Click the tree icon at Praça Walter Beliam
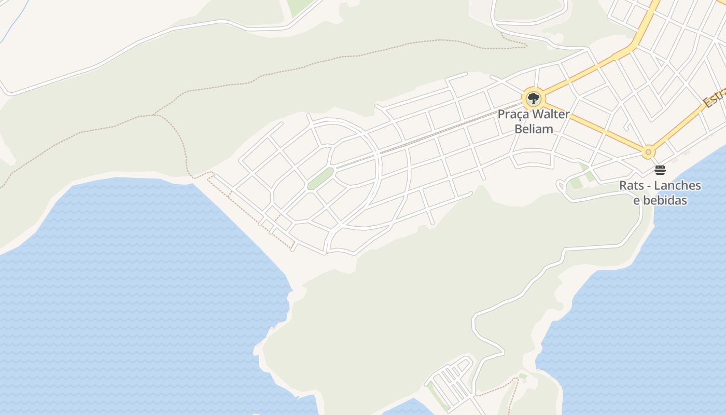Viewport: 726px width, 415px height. click(x=533, y=98)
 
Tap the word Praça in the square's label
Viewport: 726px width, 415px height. click(x=513, y=114)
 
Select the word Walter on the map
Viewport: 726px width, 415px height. click(x=550, y=114)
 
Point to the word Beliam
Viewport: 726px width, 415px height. click(x=534, y=129)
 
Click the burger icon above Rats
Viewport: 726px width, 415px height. click(x=660, y=170)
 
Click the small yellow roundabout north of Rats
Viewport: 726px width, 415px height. click(x=648, y=153)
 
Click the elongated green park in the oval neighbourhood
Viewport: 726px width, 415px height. click(x=320, y=178)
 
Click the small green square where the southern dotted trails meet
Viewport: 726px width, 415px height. click(x=523, y=376)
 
